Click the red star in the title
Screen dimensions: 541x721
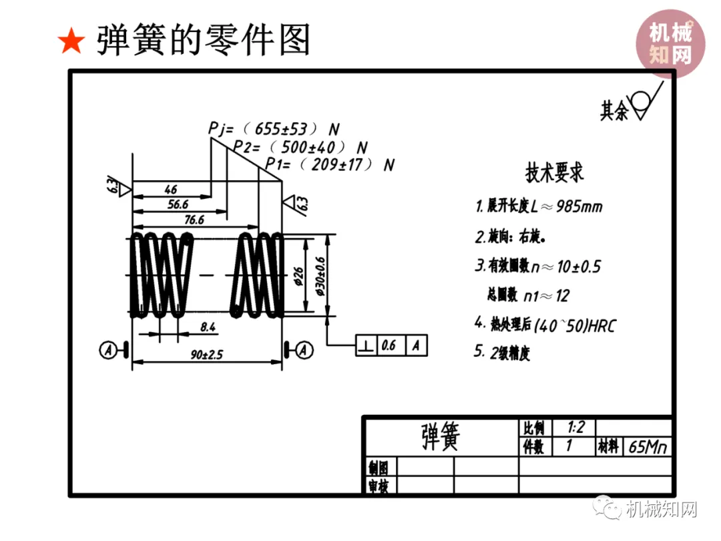[x=71, y=42]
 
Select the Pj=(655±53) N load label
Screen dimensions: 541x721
[x=274, y=128]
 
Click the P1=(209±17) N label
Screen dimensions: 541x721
[x=330, y=164]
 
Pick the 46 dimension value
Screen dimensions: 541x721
[x=171, y=189]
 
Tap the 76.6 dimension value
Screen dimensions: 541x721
[x=194, y=219]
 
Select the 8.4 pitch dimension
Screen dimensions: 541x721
[x=207, y=327]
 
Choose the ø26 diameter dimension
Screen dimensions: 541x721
[x=298, y=275]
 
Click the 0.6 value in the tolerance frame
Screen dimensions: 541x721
[x=389, y=345]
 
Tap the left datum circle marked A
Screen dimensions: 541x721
[x=107, y=349]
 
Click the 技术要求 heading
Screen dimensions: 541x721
[x=555, y=173]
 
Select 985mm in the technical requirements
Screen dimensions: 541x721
[x=579, y=206]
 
